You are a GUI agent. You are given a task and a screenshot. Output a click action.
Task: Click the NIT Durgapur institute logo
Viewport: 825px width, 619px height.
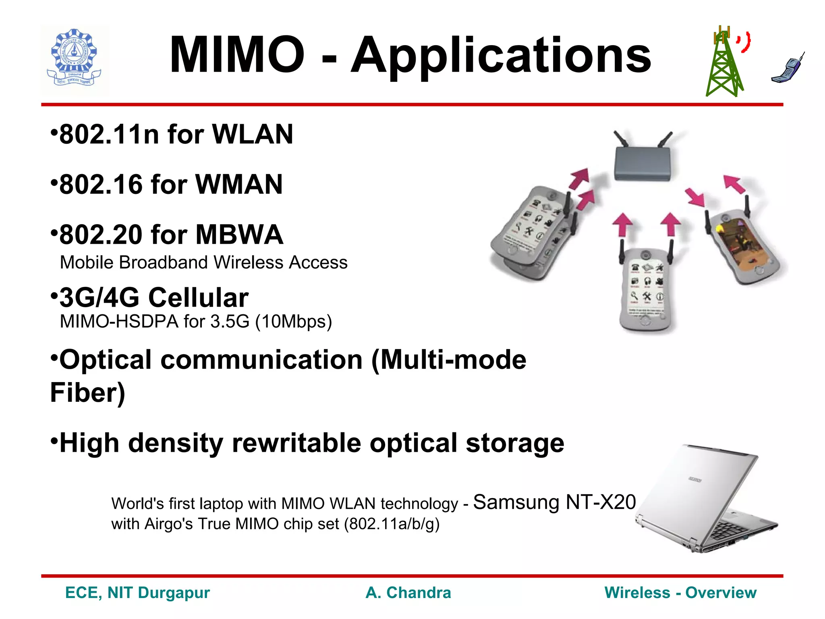coord(75,59)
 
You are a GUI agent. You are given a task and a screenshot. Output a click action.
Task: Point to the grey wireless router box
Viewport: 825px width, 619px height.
coord(643,163)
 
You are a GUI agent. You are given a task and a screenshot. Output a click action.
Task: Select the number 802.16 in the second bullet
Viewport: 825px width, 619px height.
coord(101,185)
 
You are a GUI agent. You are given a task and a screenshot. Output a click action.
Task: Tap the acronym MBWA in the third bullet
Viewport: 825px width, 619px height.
coord(239,235)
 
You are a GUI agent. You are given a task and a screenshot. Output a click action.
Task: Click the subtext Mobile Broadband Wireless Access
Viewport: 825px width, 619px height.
coord(203,262)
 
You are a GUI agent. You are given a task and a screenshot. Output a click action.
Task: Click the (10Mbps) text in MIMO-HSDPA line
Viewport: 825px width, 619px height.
coord(294,322)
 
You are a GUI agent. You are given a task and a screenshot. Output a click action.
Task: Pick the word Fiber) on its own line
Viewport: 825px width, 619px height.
coord(87,393)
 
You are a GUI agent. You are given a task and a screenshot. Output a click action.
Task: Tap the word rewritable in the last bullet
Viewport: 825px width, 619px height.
coord(296,443)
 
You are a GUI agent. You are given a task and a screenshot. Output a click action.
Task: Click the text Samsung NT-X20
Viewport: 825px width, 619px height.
coord(554,502)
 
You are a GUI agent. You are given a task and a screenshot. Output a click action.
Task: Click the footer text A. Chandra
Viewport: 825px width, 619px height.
coord(408,593)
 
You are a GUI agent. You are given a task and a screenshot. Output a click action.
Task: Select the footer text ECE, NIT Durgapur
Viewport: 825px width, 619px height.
coord(137,593)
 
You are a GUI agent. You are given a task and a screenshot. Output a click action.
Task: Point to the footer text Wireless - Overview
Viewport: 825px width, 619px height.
coord(680,593)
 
